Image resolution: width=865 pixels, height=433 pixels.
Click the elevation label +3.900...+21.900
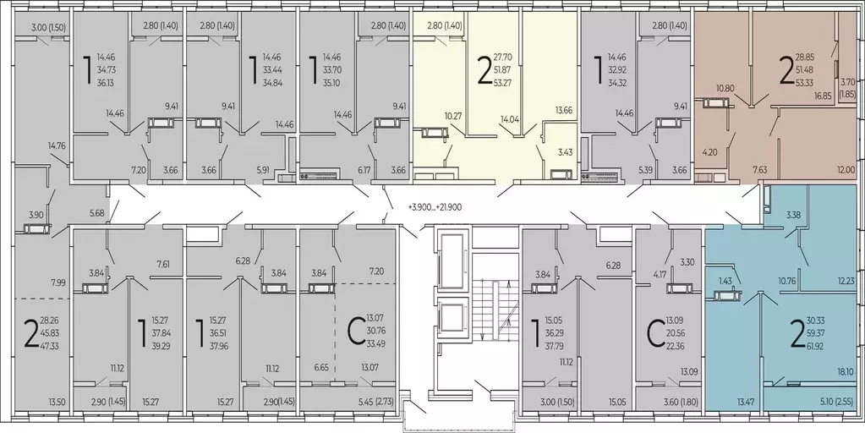[435, 207]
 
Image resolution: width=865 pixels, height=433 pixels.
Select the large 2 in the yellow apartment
[484, 72]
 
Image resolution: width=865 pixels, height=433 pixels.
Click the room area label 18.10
[846, 372]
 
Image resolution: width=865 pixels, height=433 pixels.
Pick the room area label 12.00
[846, 171]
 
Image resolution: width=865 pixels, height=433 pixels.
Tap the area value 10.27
[454, 117]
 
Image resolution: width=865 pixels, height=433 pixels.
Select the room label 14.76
[57, 146]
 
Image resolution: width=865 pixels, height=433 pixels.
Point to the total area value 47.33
[49, 346]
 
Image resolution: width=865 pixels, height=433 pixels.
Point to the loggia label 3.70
[846, 82]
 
